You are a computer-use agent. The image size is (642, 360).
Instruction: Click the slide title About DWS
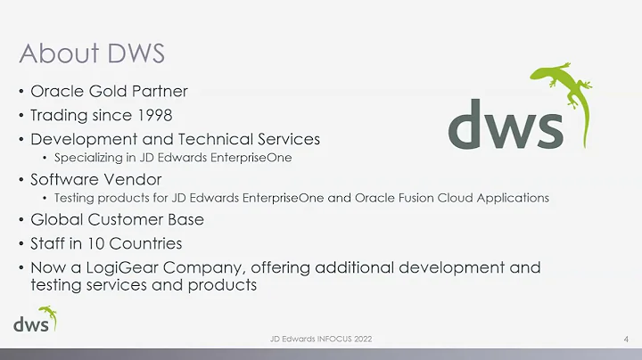pos(92,53)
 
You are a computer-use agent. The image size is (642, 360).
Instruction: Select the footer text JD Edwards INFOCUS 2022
pos(321,340)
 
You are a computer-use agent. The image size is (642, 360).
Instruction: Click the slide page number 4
pos(627,340)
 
